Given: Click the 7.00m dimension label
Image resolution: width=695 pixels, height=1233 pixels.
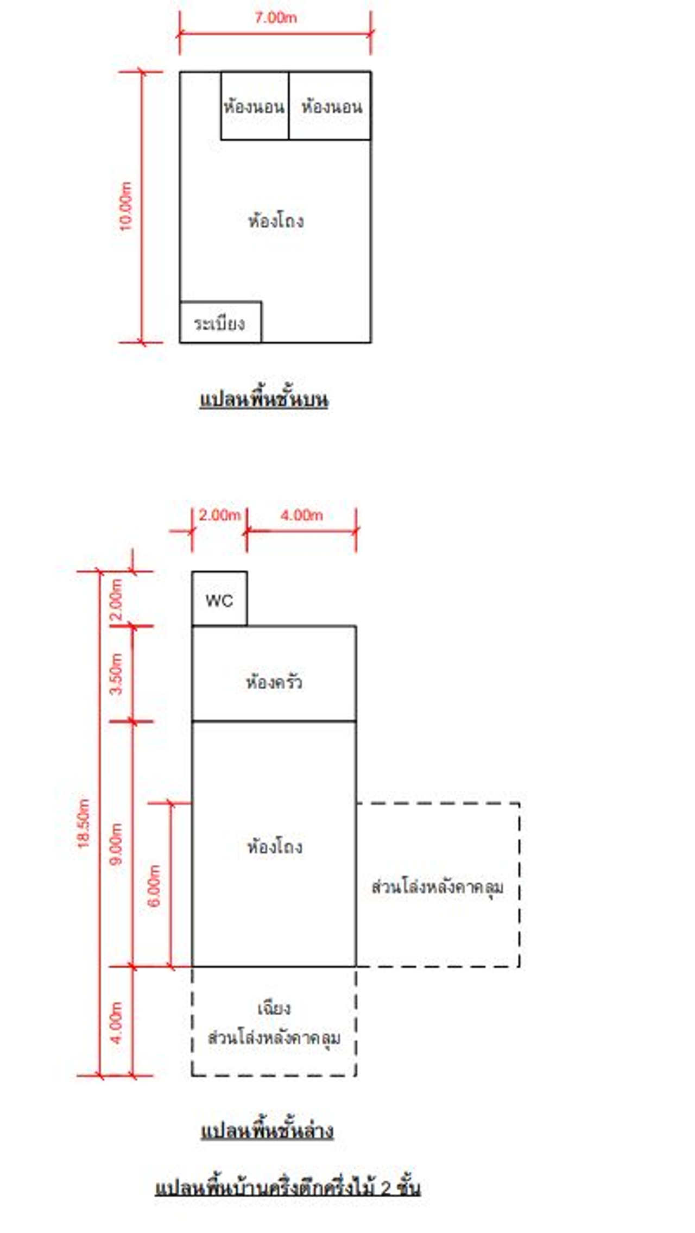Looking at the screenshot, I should [x=275, y=18].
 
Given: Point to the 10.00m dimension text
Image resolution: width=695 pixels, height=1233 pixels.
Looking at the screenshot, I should [x=125, y=206].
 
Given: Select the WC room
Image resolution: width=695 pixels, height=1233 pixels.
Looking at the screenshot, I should [x=219, y=600].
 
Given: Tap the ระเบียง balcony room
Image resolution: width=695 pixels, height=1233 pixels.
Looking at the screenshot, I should [x=220, y=323].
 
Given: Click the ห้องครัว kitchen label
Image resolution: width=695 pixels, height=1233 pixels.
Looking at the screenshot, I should [x=274, y=682].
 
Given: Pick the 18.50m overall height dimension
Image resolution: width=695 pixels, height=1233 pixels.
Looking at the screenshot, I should [x=83, y=823].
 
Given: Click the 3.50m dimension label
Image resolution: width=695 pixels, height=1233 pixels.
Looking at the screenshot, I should [x=116, y=674].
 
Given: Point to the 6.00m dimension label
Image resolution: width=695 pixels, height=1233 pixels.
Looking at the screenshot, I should [x=154, y=885].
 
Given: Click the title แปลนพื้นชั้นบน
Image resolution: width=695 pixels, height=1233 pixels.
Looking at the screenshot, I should [x=264, y=400].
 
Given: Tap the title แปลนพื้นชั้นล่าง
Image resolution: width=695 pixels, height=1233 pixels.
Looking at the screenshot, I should [x=267, y=1131].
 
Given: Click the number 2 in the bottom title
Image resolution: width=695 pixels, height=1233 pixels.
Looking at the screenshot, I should [x=385, y=1188].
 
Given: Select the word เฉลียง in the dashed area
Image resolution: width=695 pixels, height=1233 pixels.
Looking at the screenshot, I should [x=274, y=1009].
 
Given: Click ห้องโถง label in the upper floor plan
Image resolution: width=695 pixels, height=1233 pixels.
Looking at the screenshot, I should [x=276, y=221].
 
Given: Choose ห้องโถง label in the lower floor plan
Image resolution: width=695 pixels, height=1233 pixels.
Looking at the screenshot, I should [x=275, y=846].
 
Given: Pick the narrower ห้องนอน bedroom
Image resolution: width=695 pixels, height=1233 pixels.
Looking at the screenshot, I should [x=254, y=106].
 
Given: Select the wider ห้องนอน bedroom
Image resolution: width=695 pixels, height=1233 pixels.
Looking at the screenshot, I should [x=331, y=106].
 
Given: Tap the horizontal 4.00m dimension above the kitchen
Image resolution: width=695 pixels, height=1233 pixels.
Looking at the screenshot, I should [x=301, y=514].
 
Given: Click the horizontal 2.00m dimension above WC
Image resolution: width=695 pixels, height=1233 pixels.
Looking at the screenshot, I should [x=219, y=514].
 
